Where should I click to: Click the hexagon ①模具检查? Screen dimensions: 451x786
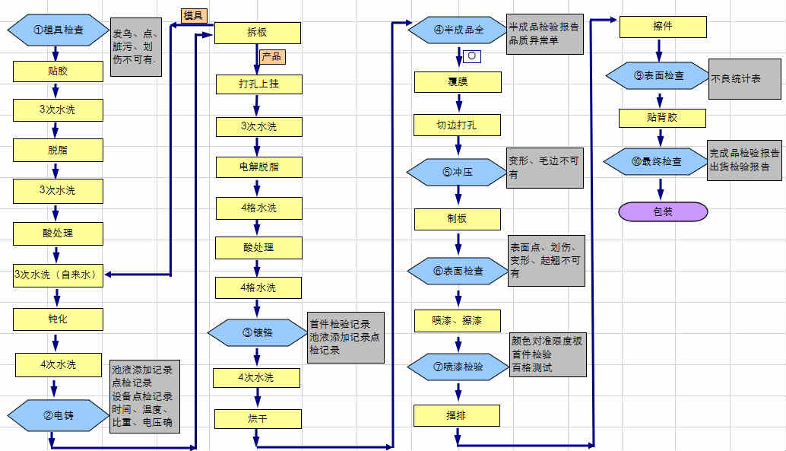(59, 31)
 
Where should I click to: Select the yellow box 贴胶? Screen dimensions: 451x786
(58, 71)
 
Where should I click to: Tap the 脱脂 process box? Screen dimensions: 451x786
(58, 150)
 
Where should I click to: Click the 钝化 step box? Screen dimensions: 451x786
(58, 319)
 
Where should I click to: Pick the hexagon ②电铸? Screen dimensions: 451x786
(59, 414)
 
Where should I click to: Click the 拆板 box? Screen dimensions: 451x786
(258, 33)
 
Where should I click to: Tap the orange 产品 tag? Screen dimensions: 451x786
(273, 56)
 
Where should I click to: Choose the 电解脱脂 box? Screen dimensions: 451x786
(258, 166)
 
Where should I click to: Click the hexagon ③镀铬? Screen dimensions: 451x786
(258, 332)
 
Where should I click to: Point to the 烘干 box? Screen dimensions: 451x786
(258, 419)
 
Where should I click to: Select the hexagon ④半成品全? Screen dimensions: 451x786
(458, 30)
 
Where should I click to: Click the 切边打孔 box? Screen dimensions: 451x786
(458, 124)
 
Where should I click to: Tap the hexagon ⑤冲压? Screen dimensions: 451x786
(458, 172)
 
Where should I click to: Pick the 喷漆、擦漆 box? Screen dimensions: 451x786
(458, 321)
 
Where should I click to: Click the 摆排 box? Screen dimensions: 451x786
(457, 415)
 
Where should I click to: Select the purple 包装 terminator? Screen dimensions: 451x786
(663, 211)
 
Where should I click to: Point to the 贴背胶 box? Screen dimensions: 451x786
(662, 118)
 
